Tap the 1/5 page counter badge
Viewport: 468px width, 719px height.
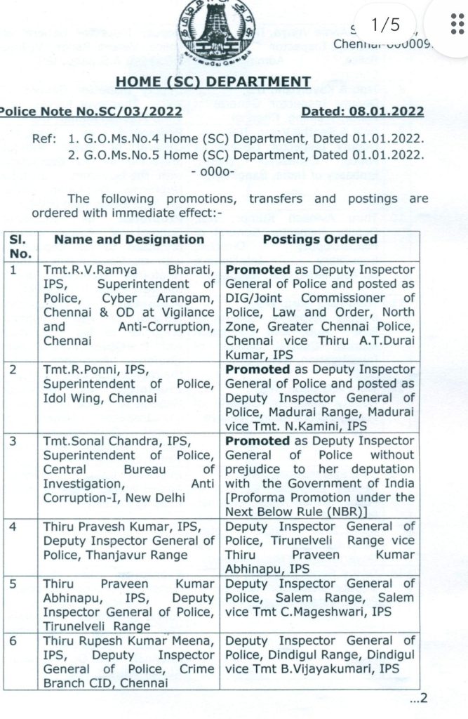tap(385, 26)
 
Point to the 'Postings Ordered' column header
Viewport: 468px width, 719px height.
tap(319, 239)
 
